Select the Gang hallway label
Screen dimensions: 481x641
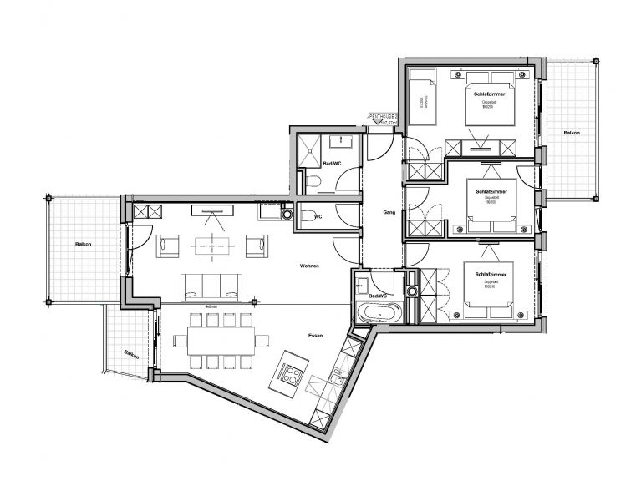388,212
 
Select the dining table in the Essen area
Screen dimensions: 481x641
221,340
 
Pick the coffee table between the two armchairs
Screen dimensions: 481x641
211,245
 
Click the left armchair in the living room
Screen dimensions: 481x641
169,245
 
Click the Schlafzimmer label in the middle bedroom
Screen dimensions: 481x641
491,191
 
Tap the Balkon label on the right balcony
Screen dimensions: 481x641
572,134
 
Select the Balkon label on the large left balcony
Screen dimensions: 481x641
82,244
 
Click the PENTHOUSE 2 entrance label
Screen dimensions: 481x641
384,118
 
